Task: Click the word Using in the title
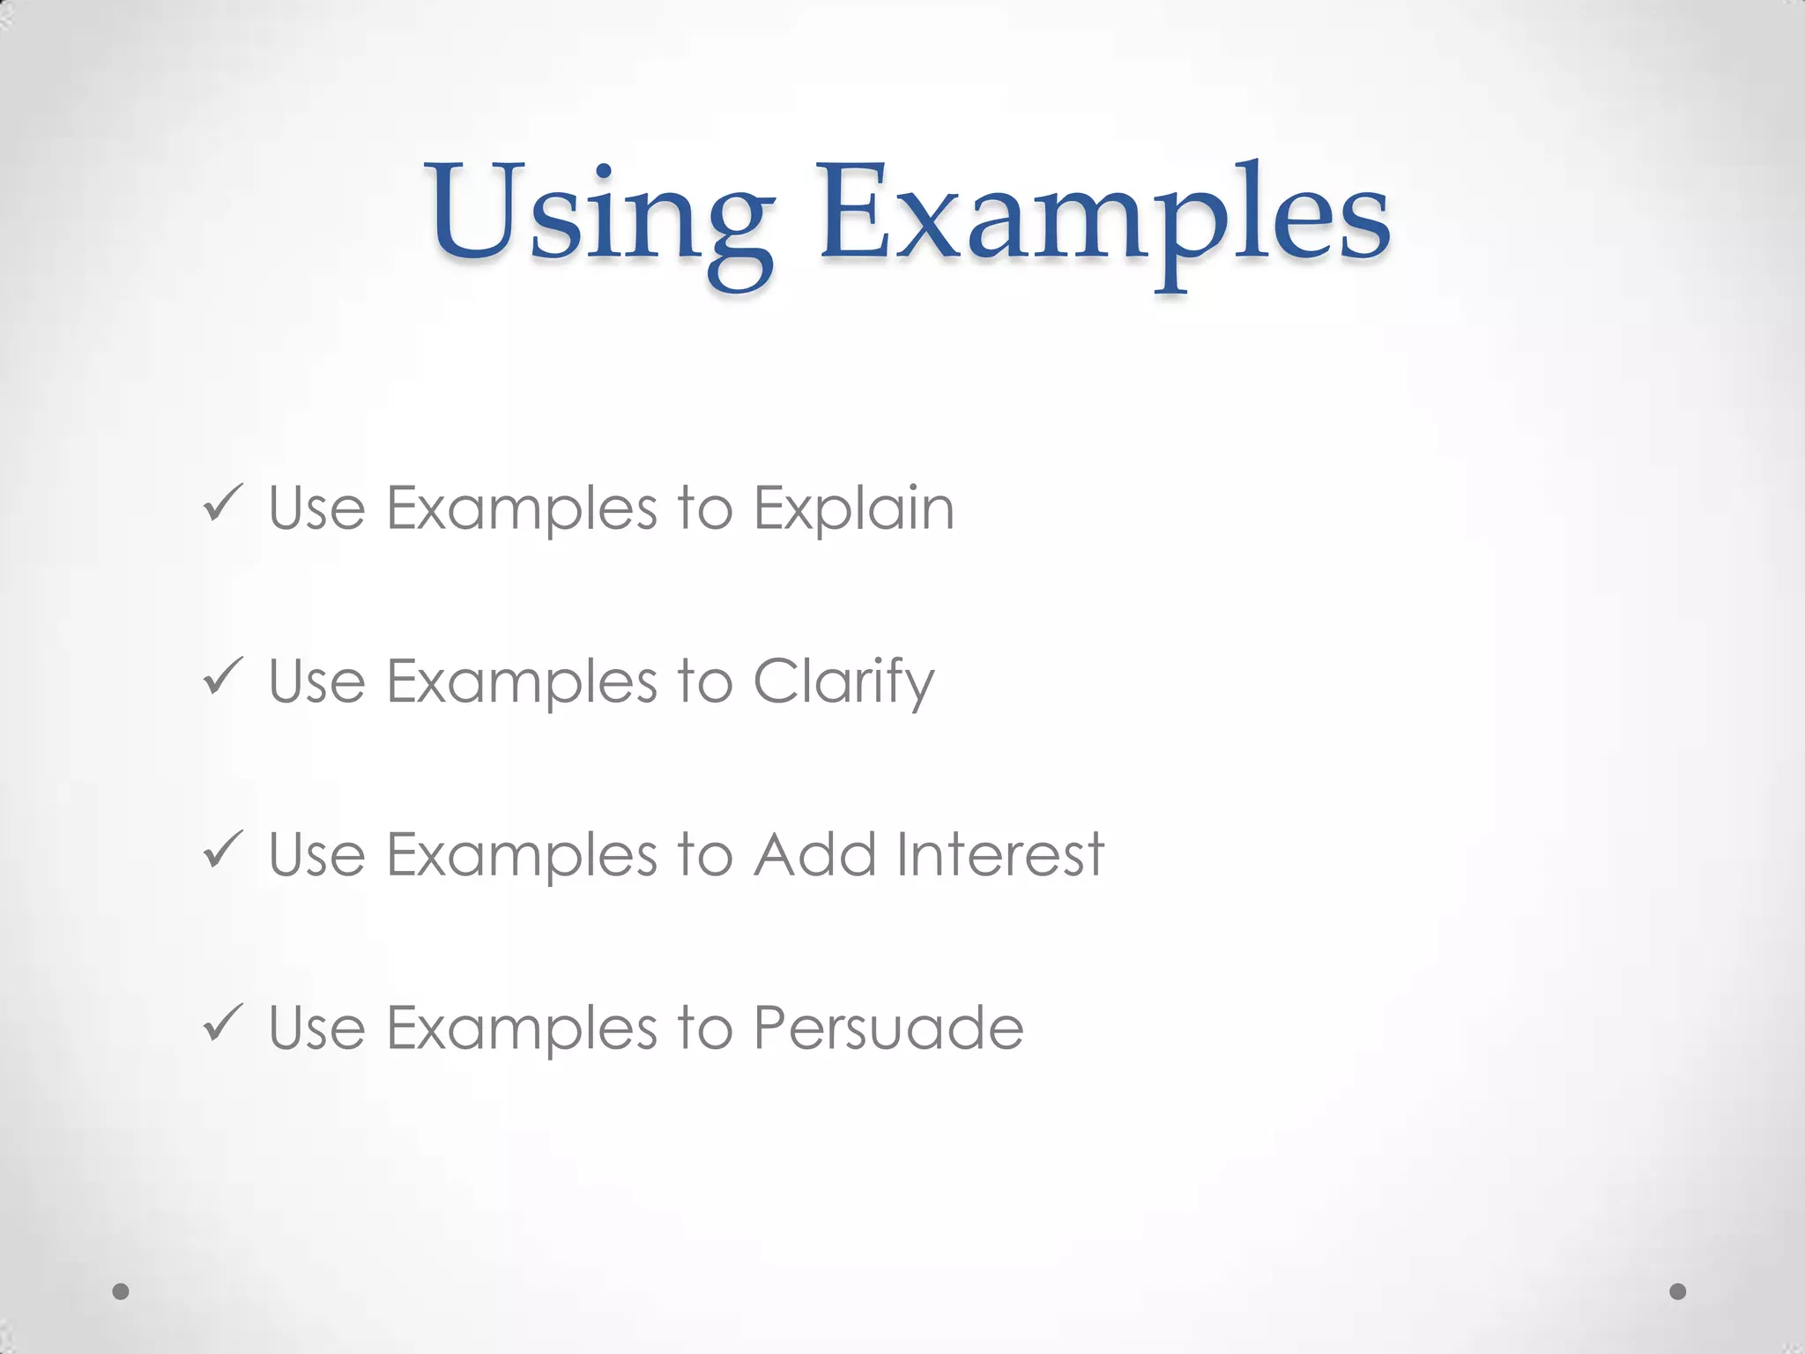599,216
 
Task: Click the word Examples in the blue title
1105,216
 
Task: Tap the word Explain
853,510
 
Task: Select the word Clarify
843,682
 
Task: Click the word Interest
999,855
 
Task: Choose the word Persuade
888,1028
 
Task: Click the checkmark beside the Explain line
222,504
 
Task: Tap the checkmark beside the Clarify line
222,677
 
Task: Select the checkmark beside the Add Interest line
222,850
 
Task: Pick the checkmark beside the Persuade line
222,1023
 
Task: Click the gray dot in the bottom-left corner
121,1291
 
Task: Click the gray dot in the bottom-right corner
1678,1291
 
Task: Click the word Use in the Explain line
316,510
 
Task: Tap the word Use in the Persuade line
316,1028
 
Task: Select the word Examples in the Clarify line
522,682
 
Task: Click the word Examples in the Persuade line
522,1028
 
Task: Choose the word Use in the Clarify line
316,682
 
